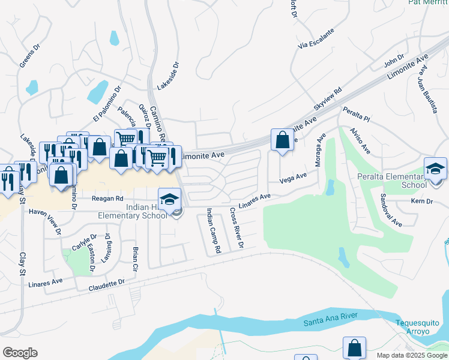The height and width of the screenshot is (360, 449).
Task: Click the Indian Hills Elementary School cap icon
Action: [170, 198]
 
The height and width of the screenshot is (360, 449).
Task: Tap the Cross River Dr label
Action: [237, 228]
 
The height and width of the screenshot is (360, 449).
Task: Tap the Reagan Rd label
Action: [107, 198]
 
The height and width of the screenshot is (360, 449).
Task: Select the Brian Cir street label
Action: [135, 257]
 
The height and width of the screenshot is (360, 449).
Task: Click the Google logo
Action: [20, 353]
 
